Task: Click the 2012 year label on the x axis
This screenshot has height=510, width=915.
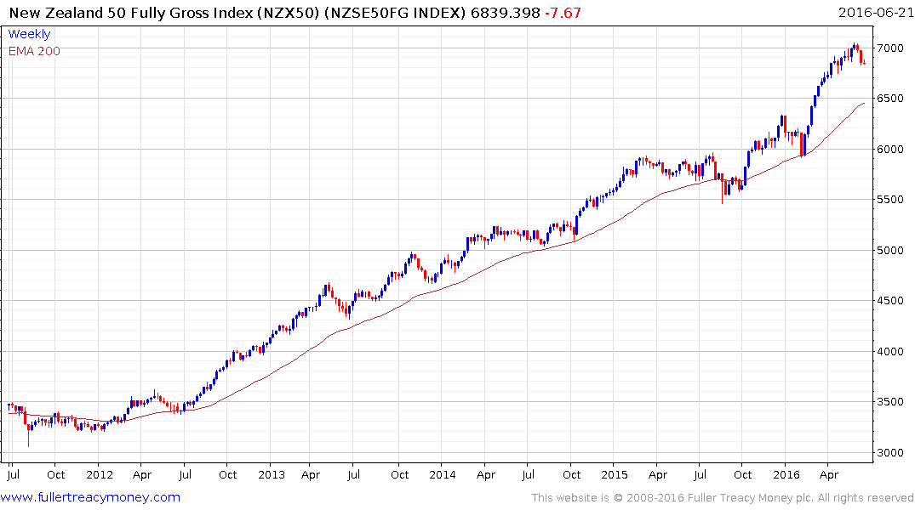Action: (x=100, y=474)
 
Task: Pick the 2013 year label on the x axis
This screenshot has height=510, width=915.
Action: (x=271, y=474)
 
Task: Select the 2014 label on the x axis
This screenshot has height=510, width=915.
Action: (x=443, y=474)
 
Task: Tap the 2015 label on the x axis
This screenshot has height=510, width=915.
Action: (x=614, y=474)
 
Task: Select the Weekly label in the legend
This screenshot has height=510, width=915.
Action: (x=29, y=34)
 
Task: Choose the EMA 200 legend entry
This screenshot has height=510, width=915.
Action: (x=34, y=51)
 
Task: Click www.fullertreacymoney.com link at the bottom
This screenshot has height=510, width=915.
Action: (x=92, y=497)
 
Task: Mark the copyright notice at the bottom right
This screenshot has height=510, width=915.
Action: (x=723, y=497)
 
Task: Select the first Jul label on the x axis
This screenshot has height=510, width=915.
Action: (x=13, y=474)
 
